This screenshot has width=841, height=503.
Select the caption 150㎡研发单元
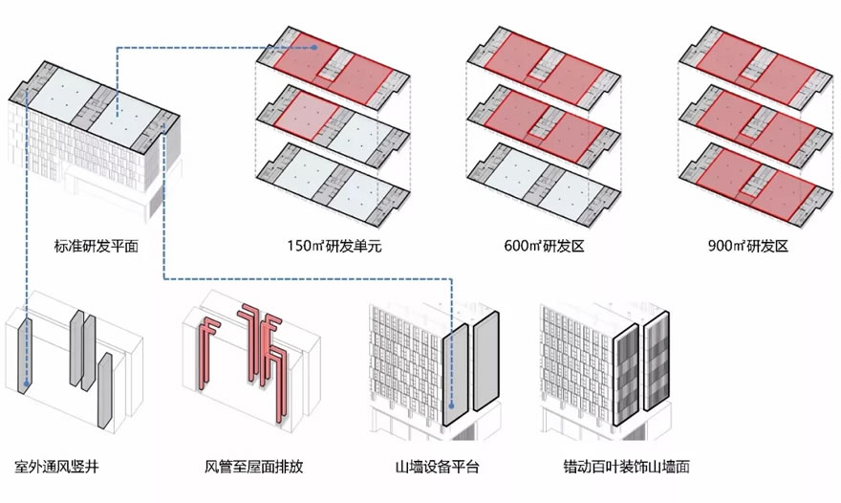click(328, 246)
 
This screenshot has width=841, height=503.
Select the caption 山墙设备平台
click(437, 468)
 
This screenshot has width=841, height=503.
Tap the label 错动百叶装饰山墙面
click(627, 468)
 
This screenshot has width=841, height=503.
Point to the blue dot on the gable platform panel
click(450, 336)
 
